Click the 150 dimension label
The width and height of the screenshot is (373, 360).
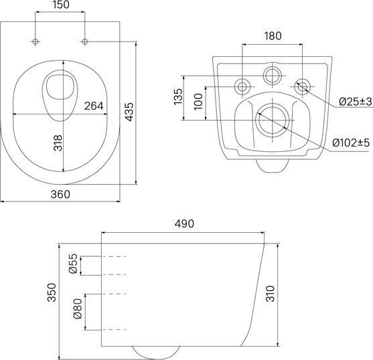(x=61, y=5)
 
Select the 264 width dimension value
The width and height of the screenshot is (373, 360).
(x=94, y=106)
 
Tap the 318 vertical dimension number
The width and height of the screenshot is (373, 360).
(x=58, y=143)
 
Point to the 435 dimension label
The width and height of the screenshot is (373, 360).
(x=129, y=112)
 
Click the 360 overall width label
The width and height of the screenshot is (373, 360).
(x=60, y=194)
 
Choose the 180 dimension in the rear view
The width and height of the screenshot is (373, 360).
(x=273, y=35)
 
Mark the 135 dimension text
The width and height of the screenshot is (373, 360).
(x=178, y=96)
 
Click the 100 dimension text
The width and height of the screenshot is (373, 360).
(x=198, y=102)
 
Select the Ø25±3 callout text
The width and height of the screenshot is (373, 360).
(x=355, y=102)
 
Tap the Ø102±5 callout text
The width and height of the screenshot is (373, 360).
(x=351, y=143)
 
